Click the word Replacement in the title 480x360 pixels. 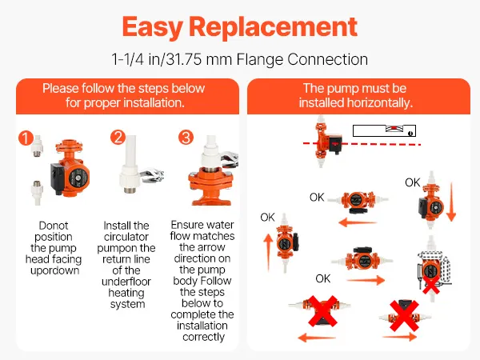(273, 27)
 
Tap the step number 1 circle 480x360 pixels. (26, 138)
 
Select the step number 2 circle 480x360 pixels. (118, 137)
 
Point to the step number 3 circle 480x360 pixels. (186, 138)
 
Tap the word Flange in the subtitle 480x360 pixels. (260, 59)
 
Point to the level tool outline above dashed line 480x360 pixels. (384, 130)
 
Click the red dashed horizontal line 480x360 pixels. (362, 143)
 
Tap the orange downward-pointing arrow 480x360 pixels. (451, 202)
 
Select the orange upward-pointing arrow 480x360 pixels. (268, 252)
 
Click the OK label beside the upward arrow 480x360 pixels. (267, 218)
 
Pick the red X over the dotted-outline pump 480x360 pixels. (431, 285)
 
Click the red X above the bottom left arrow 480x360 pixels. (322, 310)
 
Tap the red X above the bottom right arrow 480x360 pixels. (404, 316)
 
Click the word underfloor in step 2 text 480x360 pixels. (126, 282)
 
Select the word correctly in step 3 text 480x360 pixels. (203, 337)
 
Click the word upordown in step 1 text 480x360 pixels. (54, 270)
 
